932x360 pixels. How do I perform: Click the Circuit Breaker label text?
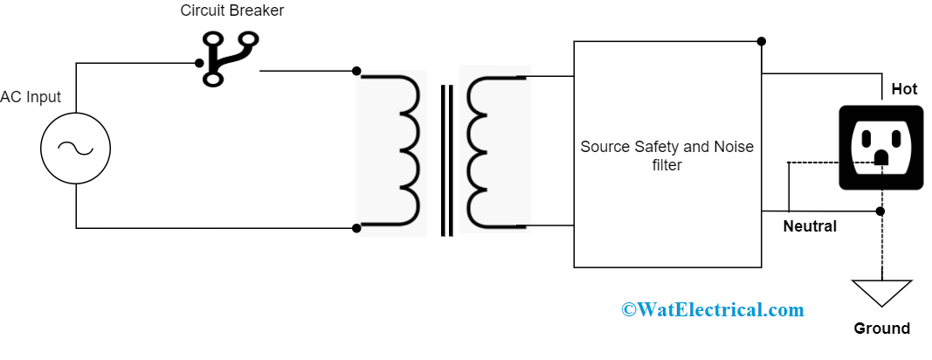232,11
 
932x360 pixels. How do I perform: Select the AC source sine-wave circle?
75,149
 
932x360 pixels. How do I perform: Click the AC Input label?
31,97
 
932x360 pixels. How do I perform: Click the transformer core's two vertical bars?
446,161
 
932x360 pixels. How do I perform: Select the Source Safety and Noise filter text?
666,156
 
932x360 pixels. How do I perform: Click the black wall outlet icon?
880,148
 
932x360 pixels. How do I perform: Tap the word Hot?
904,89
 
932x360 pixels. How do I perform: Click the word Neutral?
810,226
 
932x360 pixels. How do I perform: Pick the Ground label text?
881,329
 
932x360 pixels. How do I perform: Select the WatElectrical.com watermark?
712,309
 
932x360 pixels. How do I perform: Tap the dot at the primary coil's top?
356,72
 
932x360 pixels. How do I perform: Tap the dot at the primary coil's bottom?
356,229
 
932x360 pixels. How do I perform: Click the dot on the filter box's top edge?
762,41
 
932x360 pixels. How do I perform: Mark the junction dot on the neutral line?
880,211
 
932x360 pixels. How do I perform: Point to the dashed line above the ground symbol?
881,249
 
